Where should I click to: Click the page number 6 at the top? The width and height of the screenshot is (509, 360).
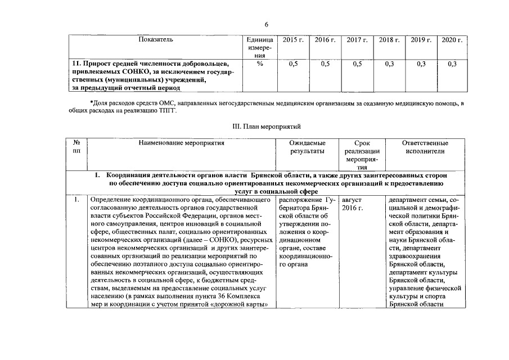coord(267,25)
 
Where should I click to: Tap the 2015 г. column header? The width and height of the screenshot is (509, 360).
coord(293,40)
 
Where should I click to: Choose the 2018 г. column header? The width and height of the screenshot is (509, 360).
coord(389,40)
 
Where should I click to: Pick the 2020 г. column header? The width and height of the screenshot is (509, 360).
coord(452,40)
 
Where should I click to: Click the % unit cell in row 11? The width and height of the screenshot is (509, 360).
coord(260,64)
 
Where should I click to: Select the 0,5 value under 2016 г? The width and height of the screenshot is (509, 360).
coord(325,64)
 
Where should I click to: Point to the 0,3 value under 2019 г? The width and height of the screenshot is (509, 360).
coord(421,64)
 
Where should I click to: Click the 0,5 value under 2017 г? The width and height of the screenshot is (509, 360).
coord(357,64)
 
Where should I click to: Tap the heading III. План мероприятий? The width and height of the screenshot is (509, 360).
coord(267,127)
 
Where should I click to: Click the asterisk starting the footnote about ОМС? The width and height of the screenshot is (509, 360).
coord(91,104)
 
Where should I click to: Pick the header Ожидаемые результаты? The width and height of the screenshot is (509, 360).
coord(307,147)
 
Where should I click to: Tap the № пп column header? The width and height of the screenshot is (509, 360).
coord(76,147)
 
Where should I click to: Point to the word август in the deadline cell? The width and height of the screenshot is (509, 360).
coord(352,200)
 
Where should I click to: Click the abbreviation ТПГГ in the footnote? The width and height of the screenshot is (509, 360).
coord(166,112)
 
